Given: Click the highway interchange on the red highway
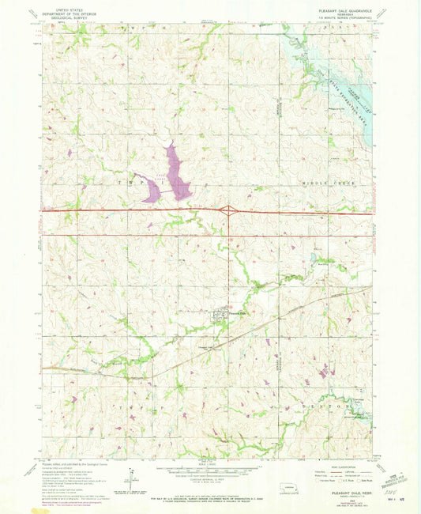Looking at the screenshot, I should tap(228, 210).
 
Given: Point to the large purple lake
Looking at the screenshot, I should tap(176, 169).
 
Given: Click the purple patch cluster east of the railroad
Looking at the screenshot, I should tap(324, 368).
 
